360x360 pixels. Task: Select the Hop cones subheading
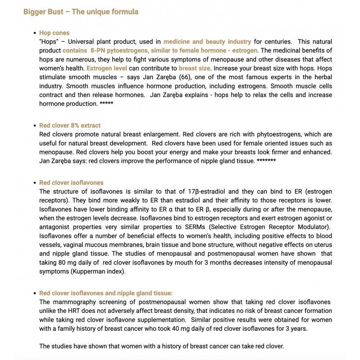pyautogui.click(x=54, y=33)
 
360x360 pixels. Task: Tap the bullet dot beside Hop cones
pyautogui.click(x=35, y=33)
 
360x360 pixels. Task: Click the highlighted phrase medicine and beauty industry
pyautogui.click(x=207, y=41)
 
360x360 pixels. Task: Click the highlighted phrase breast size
pyautogui.click(x=195, y=68)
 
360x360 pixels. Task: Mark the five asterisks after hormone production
pyautogui.click(x=106, y=104)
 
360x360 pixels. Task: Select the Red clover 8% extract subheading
pyautogui.click(x=70, y=126)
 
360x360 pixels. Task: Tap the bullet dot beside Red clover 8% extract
pyautogui.click(x=35, y=126)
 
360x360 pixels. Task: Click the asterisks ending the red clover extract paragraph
pyautogui.click(x=266, y=161)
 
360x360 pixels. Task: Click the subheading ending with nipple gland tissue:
pyautogui.click(x=106, y=293)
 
